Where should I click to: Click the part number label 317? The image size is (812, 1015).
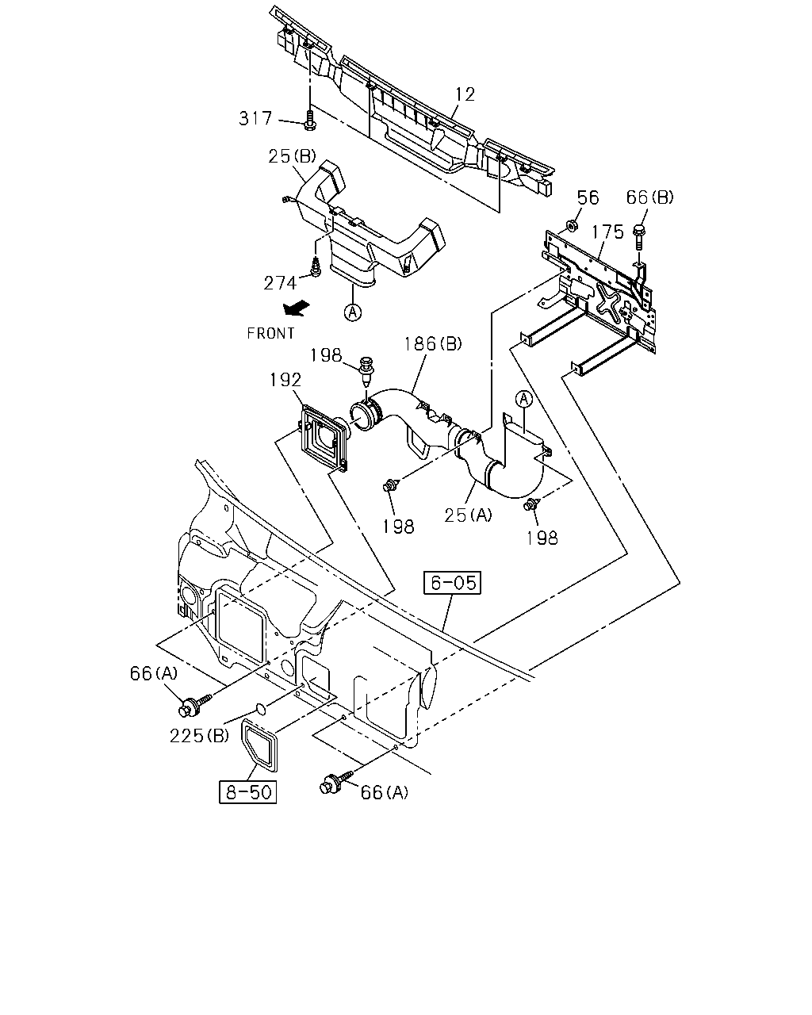pos(255,118)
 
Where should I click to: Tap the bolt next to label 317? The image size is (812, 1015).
pos(309,120)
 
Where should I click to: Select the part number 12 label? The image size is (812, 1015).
pos(465,94)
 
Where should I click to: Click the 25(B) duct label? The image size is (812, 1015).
pos(292,155)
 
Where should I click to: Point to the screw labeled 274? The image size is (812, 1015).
pos(316,266)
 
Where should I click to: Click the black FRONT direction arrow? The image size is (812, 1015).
pos(297,308)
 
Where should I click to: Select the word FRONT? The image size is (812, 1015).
pos(271,334)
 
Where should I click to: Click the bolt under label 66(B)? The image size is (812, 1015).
pos(639,237)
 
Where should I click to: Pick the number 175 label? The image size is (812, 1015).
pos(607,232)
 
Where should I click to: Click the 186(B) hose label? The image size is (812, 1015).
pos(433,344)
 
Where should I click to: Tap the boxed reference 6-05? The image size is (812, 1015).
pos(452,583)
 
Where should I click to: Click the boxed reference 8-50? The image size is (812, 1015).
pos(248,792)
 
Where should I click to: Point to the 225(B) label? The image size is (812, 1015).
pos(199,735)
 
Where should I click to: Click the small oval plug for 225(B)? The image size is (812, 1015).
pos(260,707)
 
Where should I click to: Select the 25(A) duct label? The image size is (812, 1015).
pos(468,515)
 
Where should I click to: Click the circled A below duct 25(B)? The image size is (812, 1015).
pos(352,312)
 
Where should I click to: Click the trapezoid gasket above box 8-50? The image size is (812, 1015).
pos(259,745)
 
